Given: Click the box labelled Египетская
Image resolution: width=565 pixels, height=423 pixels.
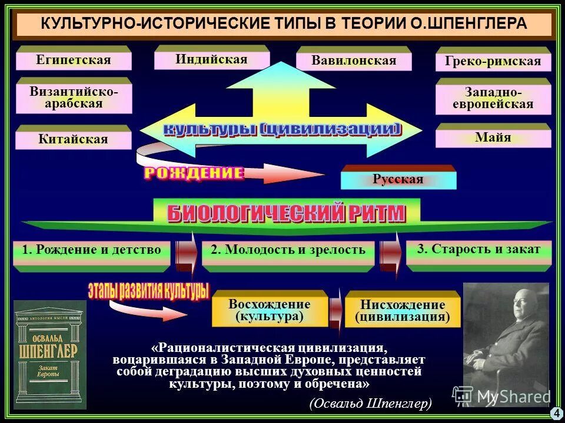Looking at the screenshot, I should (73, 60).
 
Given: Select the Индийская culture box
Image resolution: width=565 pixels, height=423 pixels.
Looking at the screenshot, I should (211, 59).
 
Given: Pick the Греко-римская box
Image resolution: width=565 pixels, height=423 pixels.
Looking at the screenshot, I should (493, 62).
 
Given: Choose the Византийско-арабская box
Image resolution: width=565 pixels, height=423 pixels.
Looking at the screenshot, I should (74, 98).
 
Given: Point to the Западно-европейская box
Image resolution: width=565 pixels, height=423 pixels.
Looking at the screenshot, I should (493, 98).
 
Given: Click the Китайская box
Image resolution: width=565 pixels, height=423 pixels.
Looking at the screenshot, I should (73, 139).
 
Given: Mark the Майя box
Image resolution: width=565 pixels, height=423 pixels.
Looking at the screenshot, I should (493, 138).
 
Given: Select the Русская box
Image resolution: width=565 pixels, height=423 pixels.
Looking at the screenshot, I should (398, 179).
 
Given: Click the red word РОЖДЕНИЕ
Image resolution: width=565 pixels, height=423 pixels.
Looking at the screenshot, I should (194, 173).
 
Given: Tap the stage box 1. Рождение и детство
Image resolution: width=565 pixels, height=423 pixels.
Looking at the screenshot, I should (91, 250).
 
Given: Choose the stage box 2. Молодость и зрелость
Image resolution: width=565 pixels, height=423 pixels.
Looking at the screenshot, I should (288, 250).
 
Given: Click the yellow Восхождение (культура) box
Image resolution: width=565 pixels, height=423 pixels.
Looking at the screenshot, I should (270, 310).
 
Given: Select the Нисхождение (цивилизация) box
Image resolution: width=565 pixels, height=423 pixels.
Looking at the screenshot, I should (403, 311).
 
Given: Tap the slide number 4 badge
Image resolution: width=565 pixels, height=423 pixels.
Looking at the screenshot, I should (556, 413).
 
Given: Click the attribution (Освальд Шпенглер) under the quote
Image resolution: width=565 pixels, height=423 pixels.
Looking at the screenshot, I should (370, 403).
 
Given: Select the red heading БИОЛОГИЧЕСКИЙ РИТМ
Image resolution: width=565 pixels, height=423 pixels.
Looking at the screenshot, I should (287, 213).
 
